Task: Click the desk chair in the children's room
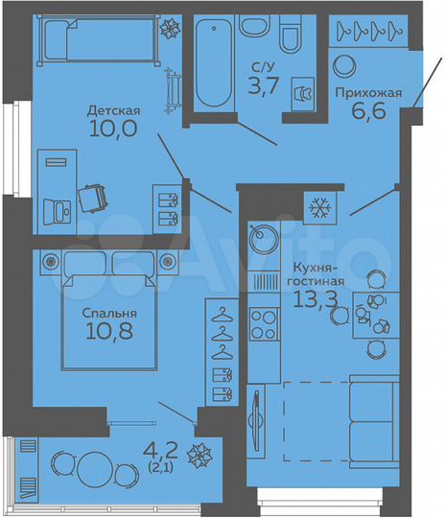[95, 197]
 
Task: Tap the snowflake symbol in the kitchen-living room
[316, 204]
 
